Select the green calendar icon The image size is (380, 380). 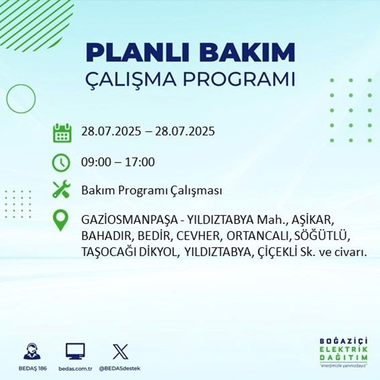(61, 133)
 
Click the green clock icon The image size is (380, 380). (61, 163)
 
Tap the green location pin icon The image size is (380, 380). (61, 221)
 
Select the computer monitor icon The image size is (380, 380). (75, 351)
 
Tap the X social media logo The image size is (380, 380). (120, 351)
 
